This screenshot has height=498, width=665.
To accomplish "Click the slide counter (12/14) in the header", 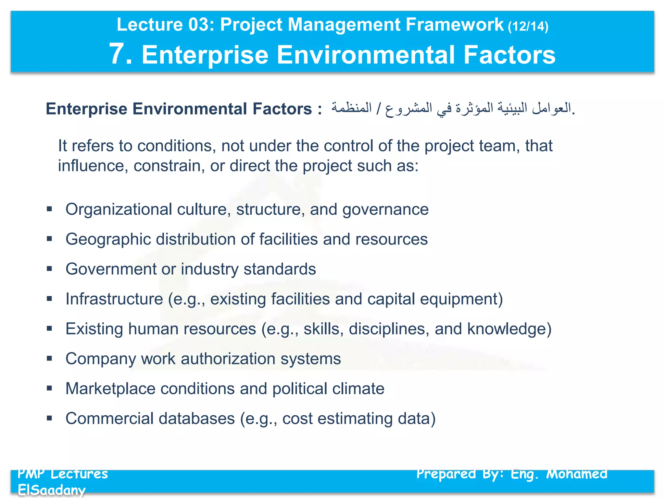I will [x=528, y=26].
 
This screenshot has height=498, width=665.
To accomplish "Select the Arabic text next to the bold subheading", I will [x=453, y=108].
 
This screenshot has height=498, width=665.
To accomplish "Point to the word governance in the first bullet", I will [x=385, y=209].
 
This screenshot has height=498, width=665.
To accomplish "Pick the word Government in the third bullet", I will [x=111, y=269].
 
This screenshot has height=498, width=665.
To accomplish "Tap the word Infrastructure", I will [x=114, y=299].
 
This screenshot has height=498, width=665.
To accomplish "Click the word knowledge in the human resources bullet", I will [x=509, y=329].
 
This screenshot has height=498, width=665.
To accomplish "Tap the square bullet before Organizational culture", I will [x=49, y=209].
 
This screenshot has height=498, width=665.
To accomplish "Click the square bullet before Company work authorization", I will [x=49, y=359].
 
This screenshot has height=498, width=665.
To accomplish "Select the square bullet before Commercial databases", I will [x=49, y=418].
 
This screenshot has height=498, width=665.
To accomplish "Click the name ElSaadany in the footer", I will [x=52, y=490].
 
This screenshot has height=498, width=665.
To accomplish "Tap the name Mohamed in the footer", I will [x=577, y=474].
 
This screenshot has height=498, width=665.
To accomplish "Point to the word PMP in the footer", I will [x=31, y=474].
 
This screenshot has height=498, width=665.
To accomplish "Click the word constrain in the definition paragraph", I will [x=169, y=166].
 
